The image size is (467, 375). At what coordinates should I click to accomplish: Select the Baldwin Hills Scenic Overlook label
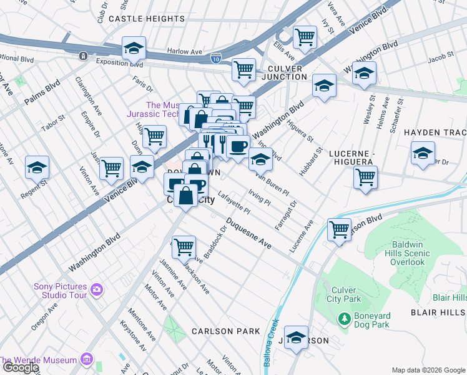pos(402,253)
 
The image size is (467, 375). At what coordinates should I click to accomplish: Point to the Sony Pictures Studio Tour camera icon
pos(96,289)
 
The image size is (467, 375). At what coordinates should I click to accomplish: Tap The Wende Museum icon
pos(86,360)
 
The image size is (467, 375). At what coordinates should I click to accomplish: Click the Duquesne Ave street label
pos(248,234)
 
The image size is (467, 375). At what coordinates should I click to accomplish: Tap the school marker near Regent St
pos(37,167)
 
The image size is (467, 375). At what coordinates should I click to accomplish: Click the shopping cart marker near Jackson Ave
pos(184,247)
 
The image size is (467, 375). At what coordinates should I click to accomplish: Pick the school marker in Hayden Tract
pos(423,152)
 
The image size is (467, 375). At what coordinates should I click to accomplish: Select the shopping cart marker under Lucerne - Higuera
pos(365,176)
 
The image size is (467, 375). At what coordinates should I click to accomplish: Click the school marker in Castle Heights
pos(134,48)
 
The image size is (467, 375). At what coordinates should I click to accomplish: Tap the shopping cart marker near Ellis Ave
pos(305,37)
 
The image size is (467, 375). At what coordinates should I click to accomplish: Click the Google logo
pos(20,367)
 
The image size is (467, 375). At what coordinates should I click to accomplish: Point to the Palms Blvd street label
pos(42,92)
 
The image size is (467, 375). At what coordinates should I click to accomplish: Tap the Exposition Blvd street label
pos(119,62)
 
